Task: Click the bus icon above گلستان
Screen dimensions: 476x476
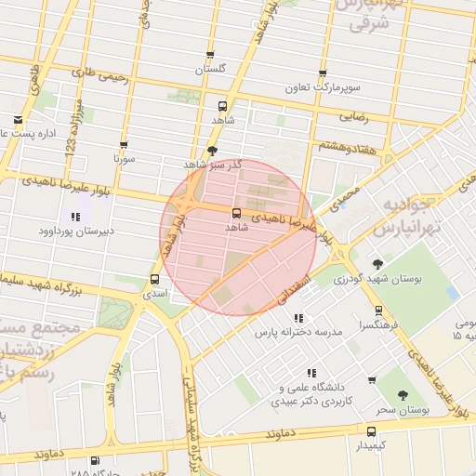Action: click(x=210, y=55)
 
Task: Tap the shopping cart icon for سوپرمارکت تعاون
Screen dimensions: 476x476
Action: click(x=323, y=73)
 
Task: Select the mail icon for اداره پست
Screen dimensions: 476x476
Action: click(x=19, y=119)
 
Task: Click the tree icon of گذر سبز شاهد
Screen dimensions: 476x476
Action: click(x=213, y=150)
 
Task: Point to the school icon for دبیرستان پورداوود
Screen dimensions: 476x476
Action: click(x=74, y=216)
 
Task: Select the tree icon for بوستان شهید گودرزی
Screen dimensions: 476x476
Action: click(x=377, y=263)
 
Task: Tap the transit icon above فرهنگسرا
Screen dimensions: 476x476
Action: click(x=377, y=311)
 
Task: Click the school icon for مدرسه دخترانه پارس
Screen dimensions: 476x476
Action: click(x=297, y=317)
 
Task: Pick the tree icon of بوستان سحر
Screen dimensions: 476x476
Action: click(x=403, y=395)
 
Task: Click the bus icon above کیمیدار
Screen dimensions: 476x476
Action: click(x=371, y=431)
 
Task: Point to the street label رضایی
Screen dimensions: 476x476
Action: click(x=358, y=118)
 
